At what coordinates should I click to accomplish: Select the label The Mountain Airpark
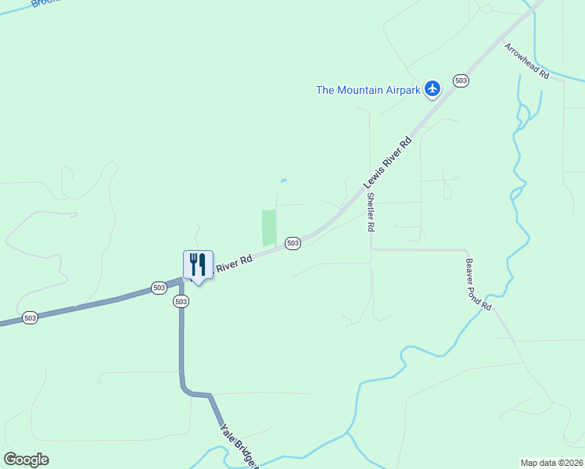(368, 90)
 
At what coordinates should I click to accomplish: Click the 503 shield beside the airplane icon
(461, 81)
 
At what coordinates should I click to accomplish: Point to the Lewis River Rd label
(386, 164)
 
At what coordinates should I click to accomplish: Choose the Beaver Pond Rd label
(478, 285)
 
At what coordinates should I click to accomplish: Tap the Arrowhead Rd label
(526, 61)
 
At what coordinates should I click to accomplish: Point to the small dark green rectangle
(269, 227)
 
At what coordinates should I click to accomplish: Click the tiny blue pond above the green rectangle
(283, 181)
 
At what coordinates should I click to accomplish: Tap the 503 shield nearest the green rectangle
(292, 243)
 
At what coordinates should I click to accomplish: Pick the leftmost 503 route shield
(30, 317)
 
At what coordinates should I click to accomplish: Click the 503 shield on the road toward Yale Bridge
(181, 301)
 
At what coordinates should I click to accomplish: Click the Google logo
(26, 460)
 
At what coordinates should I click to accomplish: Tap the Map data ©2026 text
(552, 463)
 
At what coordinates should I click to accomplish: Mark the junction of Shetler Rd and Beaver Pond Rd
(371, 249)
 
